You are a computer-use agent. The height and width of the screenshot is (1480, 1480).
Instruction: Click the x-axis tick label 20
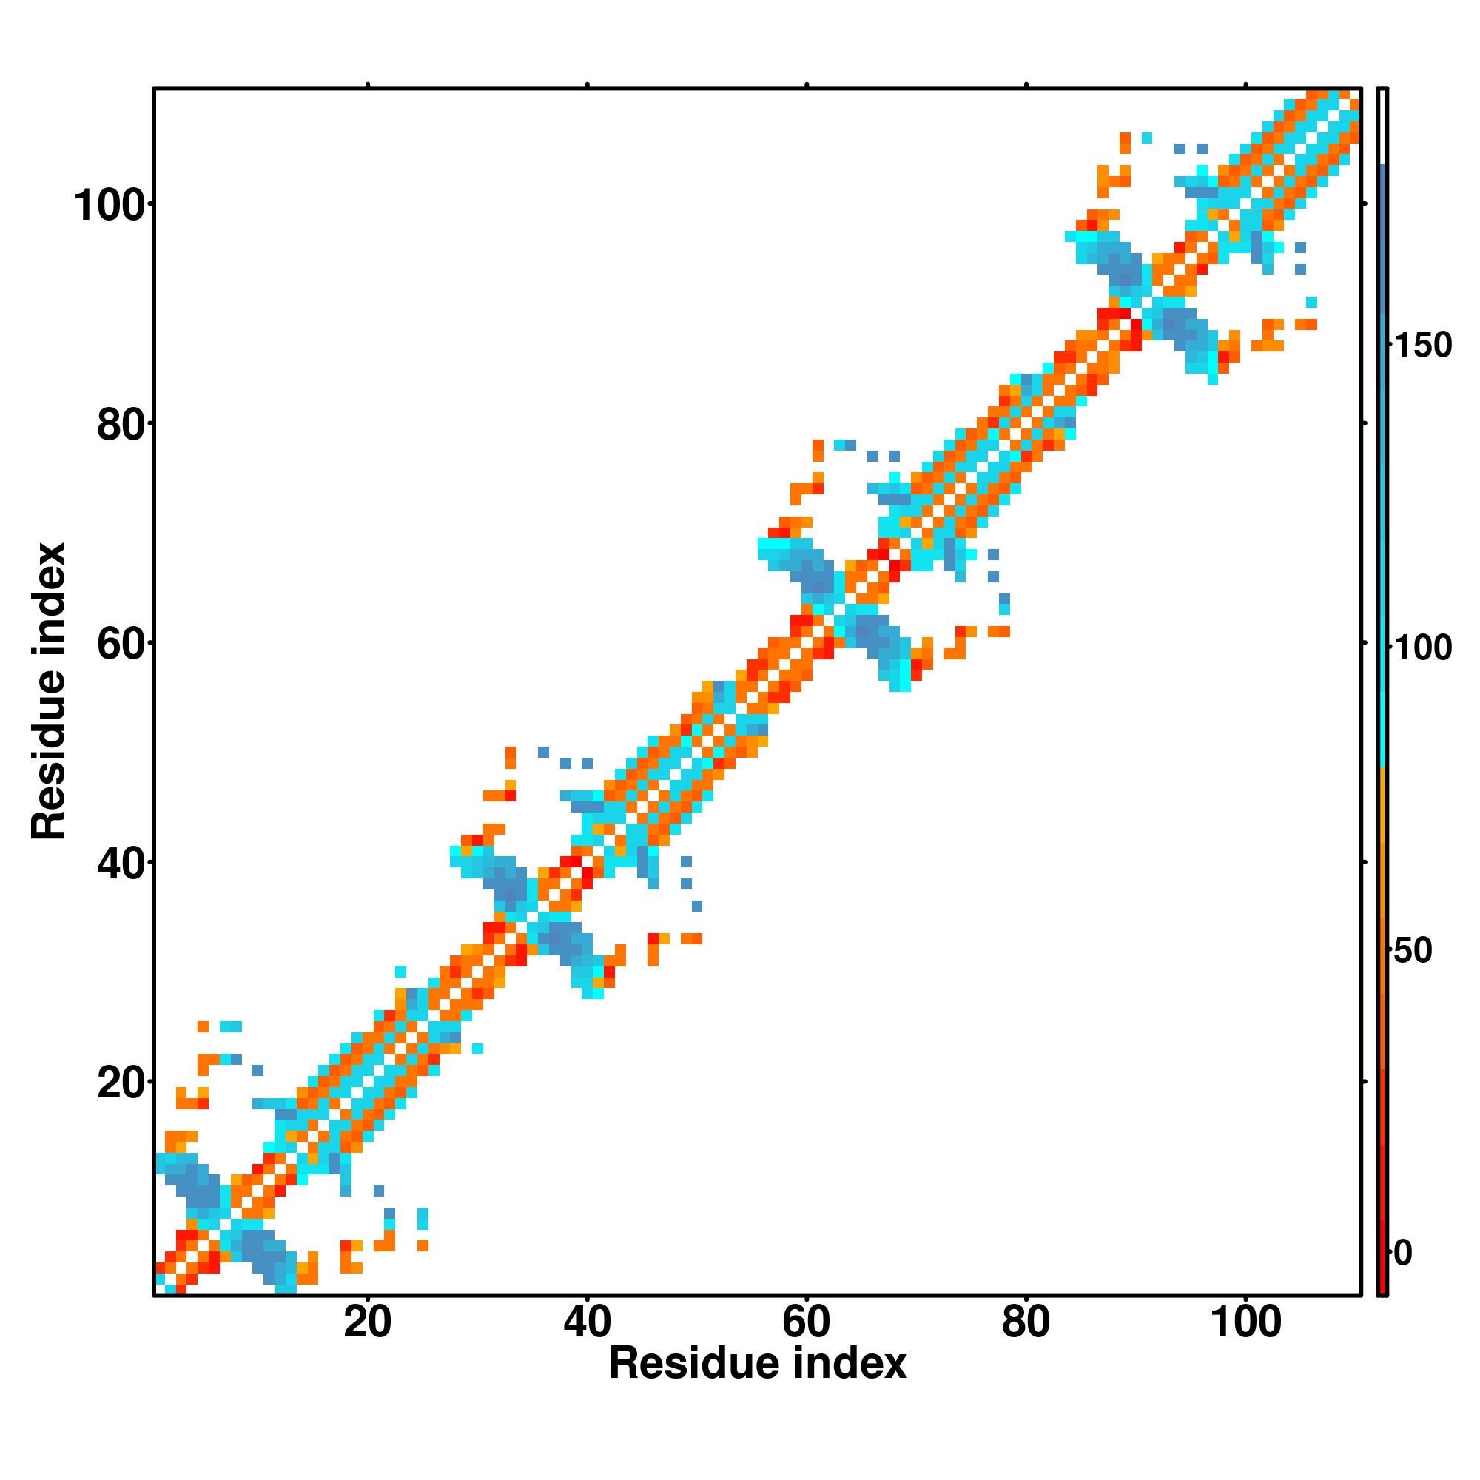[x=367, y=1323]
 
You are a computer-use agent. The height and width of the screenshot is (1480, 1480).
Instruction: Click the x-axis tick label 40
[x=587, y=1323]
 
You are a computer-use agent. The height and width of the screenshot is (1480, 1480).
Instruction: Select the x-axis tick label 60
[x=806, y=1323]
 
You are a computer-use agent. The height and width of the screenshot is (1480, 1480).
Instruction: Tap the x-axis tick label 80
[x=1025, y=1323]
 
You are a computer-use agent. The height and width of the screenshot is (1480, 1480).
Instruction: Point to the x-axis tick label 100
[x=1245, y=1323]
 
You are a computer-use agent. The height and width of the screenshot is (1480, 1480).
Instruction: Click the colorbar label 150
[x=1422, y=346]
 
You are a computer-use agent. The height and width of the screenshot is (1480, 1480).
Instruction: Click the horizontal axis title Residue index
[x=757, y=1365]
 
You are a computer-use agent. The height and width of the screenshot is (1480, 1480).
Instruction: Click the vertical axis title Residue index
[x=49, y=691]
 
